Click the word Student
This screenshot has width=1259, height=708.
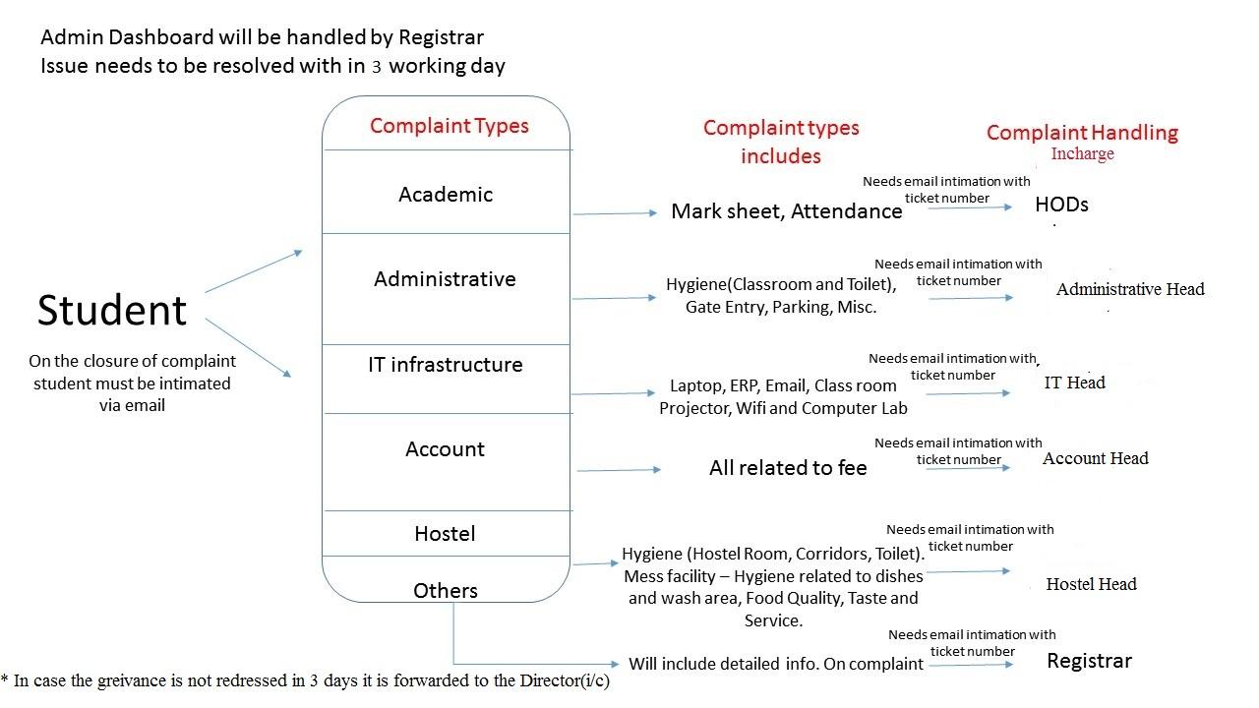[112, 310]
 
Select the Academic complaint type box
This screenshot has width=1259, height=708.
[446, 192]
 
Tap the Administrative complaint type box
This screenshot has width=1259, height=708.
[446, 289]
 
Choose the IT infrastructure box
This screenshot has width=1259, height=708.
[446, 379]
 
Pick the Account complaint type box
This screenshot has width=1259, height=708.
[446, 462]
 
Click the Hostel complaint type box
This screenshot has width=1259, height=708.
[446, 533]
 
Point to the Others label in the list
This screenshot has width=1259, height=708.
[446, 591]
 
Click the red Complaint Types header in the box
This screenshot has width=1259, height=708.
[450, 126]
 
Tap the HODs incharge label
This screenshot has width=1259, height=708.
[1061, 205]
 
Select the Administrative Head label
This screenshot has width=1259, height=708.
[1130, 289]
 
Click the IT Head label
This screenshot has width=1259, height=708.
[1075, 383]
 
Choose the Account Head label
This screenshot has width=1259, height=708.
[1096, 458]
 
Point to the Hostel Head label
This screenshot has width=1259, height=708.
[1092, 584]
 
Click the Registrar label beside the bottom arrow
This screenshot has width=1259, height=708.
[1089, 661]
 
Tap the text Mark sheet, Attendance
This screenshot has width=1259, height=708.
[786, 211]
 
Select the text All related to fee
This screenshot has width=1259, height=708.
[788, 467]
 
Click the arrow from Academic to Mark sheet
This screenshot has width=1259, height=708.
[615, 213]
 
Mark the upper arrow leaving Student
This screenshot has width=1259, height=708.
[254, 271]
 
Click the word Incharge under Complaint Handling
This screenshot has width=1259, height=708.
[1083, 154]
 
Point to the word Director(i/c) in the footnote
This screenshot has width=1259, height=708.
[565, 680]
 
